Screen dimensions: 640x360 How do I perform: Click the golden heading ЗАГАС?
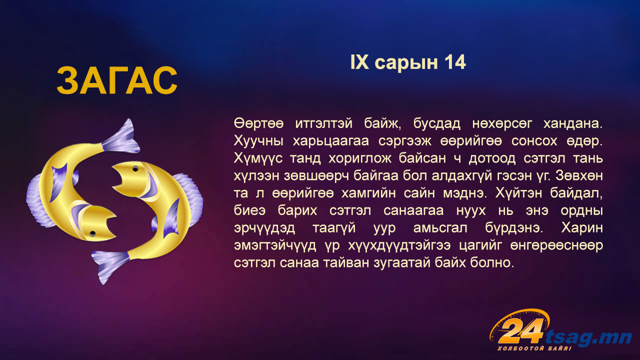pyautogui.click(x=117, y=80)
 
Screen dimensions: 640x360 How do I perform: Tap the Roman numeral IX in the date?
pyautogui.click(x=359, y=62)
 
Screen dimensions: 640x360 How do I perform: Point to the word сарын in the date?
pyautogui.click(x=406, y=63)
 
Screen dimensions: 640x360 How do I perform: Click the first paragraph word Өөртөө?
pyautogui.click(x=258, y=123)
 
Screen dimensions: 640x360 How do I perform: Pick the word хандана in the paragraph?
pyautogui.click(x=573, y=123)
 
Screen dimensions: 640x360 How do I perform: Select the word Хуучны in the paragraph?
pyautogui.click(x=258, y=141)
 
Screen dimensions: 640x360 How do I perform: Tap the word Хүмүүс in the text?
pyautogui.click(x=258, y=158)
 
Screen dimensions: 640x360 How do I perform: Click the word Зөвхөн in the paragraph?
pyautogui.click(x=579, y=176)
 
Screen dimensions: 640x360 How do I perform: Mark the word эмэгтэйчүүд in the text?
pyautogui.click(x=275, y=245)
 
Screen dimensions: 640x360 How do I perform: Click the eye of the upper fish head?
pyautogui.click(x=135, y=169)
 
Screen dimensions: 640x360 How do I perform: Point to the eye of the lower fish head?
pyautogui.click(x=92, y=233)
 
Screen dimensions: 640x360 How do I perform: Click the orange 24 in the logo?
pyautogui.click(x=520, y=331)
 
